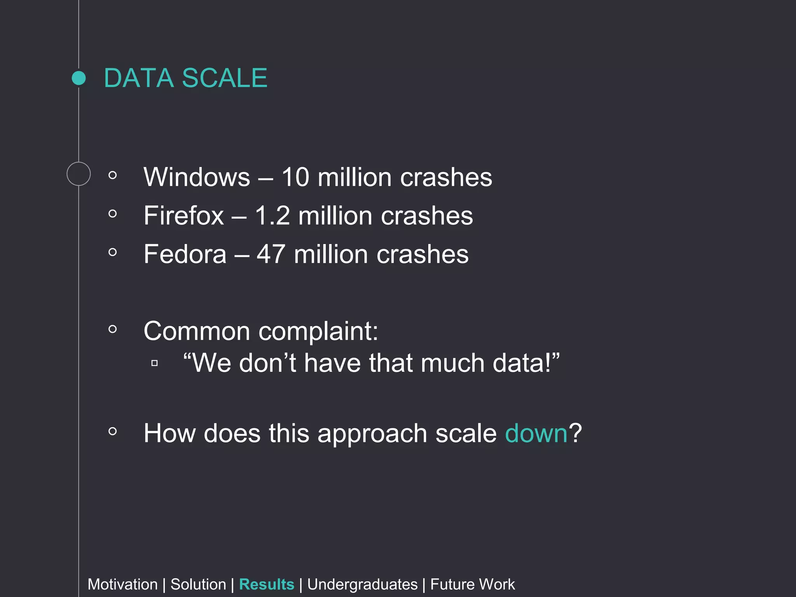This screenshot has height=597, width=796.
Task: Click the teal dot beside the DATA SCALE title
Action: point(79,78)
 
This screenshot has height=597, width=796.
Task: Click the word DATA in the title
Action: point(138,78)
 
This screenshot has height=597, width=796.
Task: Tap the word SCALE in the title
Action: point(225,78)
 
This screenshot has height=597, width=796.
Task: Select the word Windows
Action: point(197,177)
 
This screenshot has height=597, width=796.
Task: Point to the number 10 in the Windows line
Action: point(295,177)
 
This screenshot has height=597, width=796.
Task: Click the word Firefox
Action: point(184,216)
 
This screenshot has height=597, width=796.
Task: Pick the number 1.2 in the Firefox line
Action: point(272,216)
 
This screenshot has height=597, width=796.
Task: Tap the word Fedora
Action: point(185,254)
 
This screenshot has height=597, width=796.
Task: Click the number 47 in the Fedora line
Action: point(271,254)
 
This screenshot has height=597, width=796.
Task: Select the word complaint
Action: point(318,332)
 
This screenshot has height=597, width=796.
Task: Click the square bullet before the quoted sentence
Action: point(154,363)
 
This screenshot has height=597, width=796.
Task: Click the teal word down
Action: point(536,433)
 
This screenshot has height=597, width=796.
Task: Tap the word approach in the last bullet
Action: point(372,434)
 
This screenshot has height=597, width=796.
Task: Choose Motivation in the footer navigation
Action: point(122,584)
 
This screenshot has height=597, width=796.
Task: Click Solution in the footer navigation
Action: point(198,584)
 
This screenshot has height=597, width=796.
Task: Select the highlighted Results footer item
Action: point(267,584)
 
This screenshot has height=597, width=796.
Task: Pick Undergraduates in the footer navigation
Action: point(362,584)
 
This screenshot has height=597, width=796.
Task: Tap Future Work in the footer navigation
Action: point(472,584)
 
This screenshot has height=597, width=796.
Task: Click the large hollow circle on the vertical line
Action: point(79,174)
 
